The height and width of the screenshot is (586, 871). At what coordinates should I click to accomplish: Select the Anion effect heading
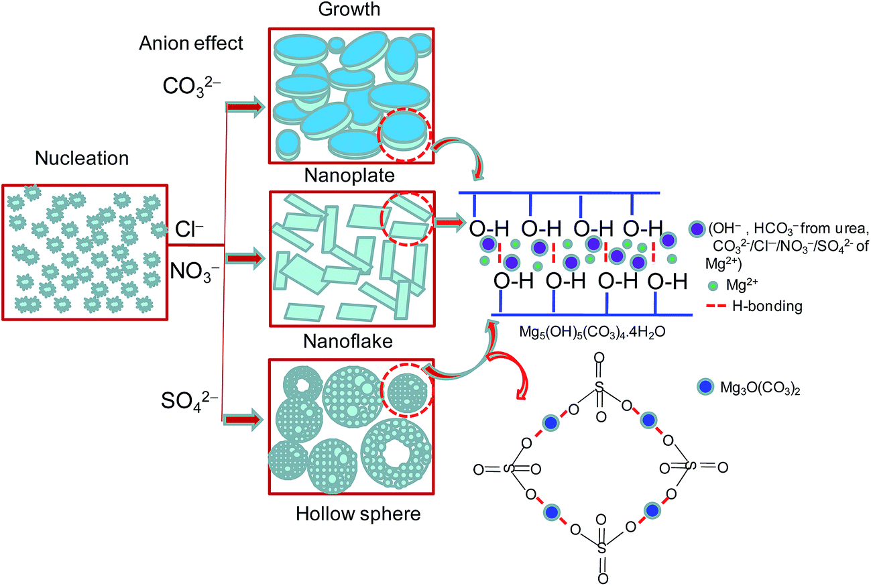[191, 44]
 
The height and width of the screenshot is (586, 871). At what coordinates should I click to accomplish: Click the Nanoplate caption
[351, 176]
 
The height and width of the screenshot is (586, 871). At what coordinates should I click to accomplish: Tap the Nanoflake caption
[351, 342]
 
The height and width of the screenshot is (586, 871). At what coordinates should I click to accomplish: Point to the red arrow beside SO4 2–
[243, 420]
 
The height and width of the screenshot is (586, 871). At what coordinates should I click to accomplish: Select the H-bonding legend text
[764, 306]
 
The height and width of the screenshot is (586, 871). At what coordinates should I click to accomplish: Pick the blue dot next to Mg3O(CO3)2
[703, 387]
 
